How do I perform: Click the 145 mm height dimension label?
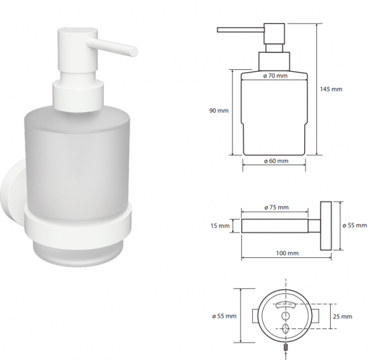click(331, 89)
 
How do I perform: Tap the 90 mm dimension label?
click(219, 111)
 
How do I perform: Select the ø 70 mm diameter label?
click(275, 76)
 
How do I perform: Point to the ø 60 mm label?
click(276, 161)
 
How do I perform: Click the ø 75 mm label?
click(276, 207)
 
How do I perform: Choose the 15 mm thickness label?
click(220, 226)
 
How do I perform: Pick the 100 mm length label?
click(288, 253)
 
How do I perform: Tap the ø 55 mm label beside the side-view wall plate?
click(355, 225)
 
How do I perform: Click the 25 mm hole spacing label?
click(343, 316)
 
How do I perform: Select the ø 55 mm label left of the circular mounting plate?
click(224, 315)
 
